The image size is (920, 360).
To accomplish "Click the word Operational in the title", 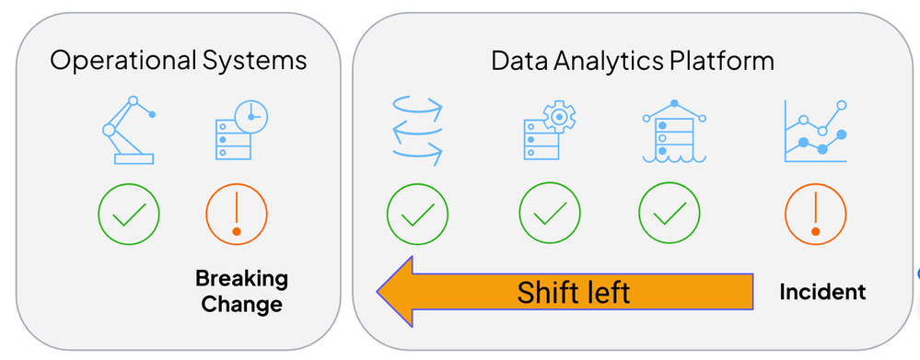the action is click(122, 61).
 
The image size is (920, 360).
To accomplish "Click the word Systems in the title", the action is click(254, 61).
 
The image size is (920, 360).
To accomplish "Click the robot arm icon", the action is click(129, 130).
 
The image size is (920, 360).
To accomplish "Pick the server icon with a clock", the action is click(240, 131).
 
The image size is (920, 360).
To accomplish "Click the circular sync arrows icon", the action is click(416, 132).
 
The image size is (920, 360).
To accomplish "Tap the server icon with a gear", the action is click(550, 131).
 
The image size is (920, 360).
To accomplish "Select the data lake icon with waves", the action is click(674, 131).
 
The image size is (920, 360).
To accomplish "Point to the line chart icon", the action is click(815, 132).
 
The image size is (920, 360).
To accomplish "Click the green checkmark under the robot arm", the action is click(129, 214).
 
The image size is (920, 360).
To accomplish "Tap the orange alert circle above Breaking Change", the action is click(237, 214).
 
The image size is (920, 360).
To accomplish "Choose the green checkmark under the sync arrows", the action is click(418, 214).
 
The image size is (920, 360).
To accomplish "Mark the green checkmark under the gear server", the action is click(550, 214).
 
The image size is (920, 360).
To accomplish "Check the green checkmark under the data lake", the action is click(670, 214).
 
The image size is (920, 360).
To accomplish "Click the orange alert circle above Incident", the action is click(816, 214).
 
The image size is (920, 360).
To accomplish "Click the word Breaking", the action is click(241, 278).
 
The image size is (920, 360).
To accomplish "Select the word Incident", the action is click(822, 291).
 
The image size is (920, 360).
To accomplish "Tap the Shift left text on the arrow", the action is click(573, 292).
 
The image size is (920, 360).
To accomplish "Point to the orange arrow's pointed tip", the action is click(378, 291).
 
